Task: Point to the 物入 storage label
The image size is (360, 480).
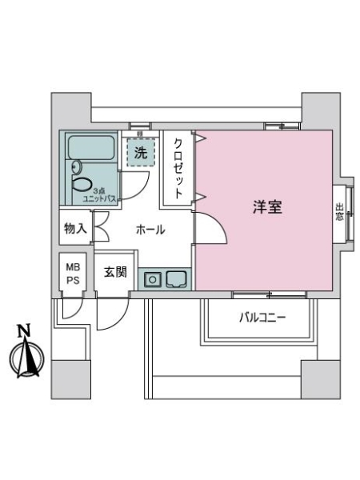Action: (x=74, y=229)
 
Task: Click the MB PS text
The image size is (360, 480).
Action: (x=71, y=272)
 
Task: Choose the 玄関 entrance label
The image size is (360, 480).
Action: (x=115, y=272)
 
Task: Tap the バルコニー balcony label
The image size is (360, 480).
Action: (x=262, y=318)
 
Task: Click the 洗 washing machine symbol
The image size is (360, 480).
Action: (x=140, y=152)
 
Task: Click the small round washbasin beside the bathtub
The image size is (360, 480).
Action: (x=75, y=166)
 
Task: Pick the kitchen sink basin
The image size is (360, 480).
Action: (x=176, y=279)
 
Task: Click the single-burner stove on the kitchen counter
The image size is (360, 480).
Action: (x=153, y=279)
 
